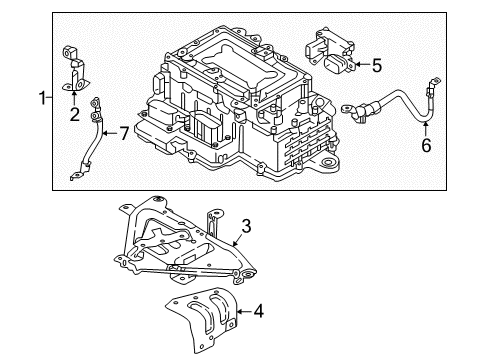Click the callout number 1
(x=41, y=98)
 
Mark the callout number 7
(x=123, y=132)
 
